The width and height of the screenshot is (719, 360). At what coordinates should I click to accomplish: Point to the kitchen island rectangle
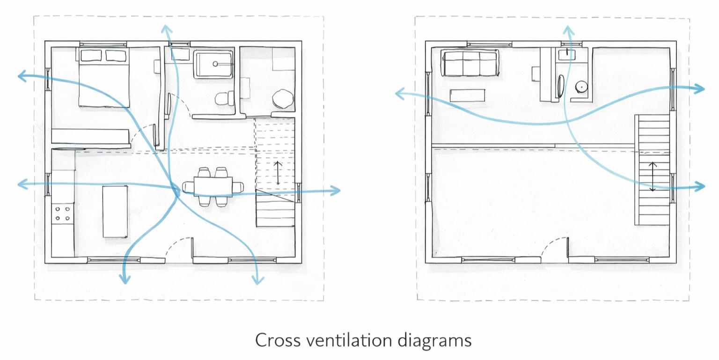coord(115,211)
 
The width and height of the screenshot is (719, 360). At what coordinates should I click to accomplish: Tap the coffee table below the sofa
coord(467,95)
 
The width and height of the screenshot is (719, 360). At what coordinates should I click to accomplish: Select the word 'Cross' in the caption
coord(277,340)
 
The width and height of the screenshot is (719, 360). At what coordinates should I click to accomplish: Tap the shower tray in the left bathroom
coord(213,64)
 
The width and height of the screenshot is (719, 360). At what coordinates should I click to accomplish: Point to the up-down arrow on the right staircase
coord(653,176)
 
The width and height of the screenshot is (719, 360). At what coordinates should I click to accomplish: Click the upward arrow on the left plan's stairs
coord(278,172)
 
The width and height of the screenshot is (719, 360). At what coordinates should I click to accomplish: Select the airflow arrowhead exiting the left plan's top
coord(166,29)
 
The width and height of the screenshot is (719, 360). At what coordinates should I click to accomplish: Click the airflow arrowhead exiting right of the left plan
coord(335,190)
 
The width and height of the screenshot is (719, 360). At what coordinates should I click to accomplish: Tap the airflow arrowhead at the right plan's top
coord(568,31)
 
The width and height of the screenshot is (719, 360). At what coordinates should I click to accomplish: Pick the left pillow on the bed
coord(91,55)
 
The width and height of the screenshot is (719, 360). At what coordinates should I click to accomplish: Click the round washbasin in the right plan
coord(581,86)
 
